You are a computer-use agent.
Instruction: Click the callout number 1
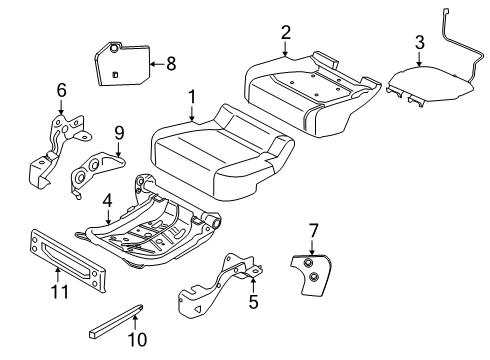(x=191, y=99)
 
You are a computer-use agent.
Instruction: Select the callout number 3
(x=419, y=41)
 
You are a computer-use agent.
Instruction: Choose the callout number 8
(x=170, y=64)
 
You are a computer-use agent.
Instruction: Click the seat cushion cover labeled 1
(x=220, y=150)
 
